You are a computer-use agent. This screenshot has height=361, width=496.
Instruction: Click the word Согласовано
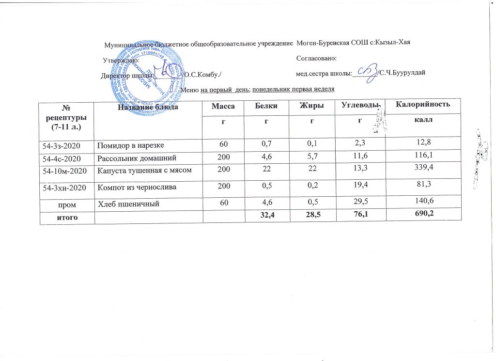pyautogui.click(x=316, y=58)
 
